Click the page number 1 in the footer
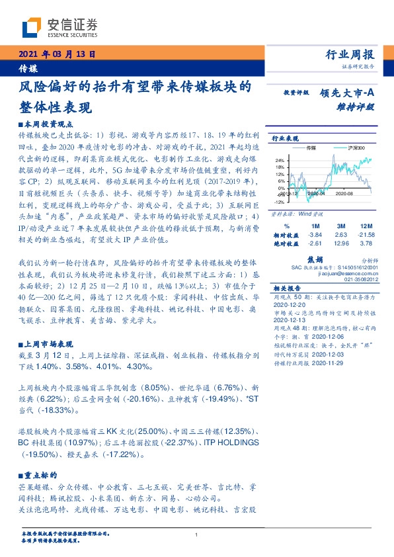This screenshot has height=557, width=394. pos(197,535)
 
